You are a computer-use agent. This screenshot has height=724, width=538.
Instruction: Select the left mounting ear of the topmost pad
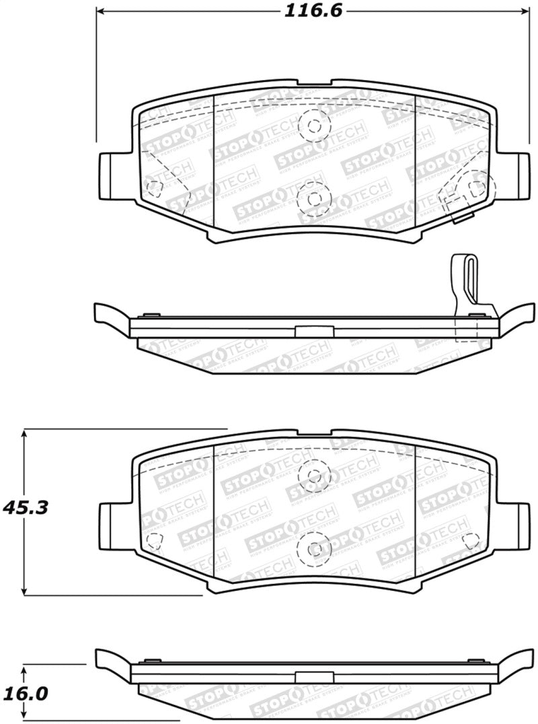pos(110,176)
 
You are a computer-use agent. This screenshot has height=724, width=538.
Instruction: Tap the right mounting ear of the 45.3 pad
pos(518,523)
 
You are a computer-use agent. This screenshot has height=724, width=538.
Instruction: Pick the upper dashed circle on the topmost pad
pos(314,125)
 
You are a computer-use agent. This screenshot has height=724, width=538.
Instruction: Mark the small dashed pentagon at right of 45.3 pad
pos(472,539)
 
